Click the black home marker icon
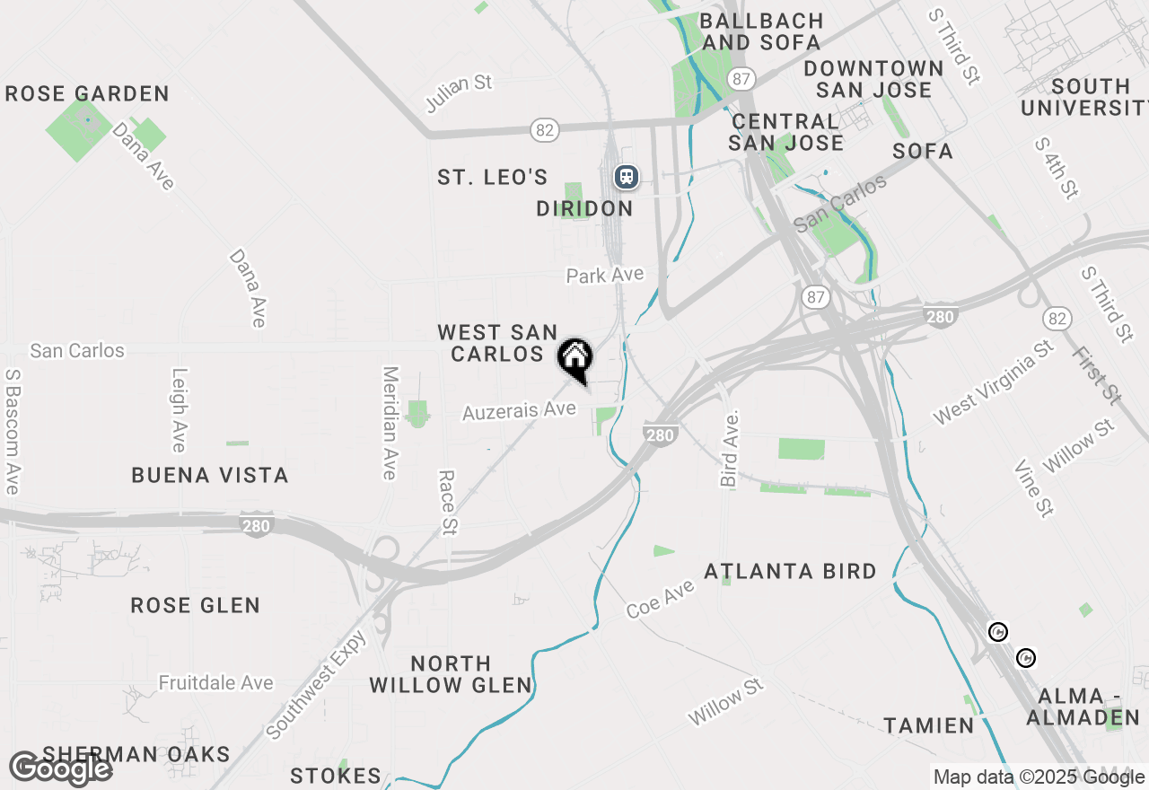click(x=575, y=358)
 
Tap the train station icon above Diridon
click(x=626, y=177)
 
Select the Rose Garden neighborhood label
click(x=87, y=94)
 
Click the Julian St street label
click(x=459, y=93)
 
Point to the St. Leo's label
click(x=493, y=178)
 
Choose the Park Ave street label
click(x=605, y=275)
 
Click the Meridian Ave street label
click(x=390, y=422)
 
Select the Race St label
click(x=447, y=504)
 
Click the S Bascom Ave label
click(x=12, y=431)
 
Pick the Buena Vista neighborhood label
click(x=210, y=476)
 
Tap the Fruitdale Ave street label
click(x=215, y=683)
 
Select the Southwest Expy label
click(x=318, y=685)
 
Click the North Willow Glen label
click(x=451, y=674)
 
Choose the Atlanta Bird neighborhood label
click(x=790, y=572)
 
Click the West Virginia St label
click(x=994, y=382)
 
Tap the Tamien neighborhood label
click(x=928, y=725)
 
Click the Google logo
click(x=60, y=768)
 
